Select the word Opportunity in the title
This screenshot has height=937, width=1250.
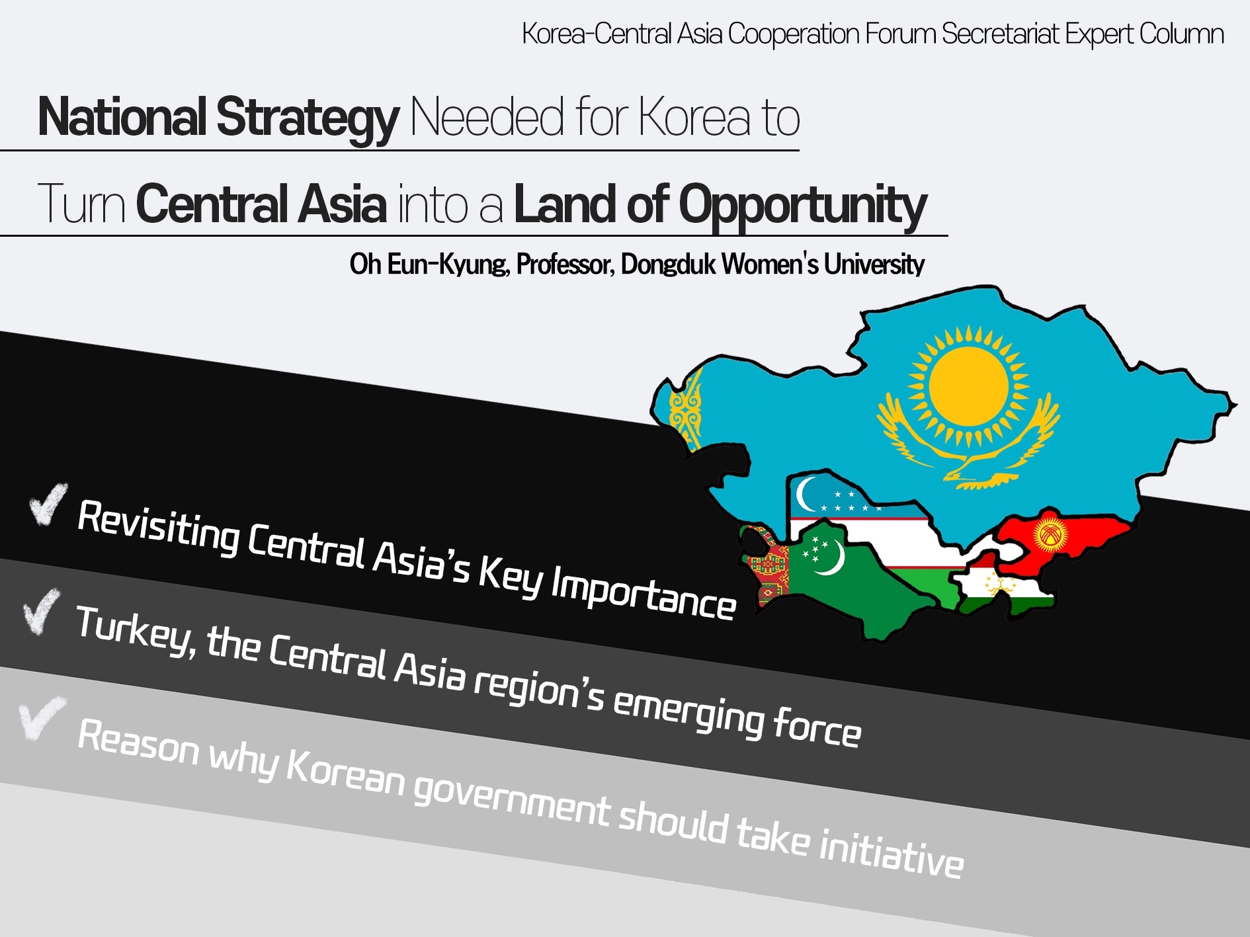pyautogui.click(x=803, y=206)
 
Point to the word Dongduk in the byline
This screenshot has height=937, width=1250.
pyautogui.click(x=668, y=264)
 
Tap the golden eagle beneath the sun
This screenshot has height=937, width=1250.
pyautogui.click(x=969, y=450)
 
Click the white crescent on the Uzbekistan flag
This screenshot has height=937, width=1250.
pyautogui.click(x=807, y=495)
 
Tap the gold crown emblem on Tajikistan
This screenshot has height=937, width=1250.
pyautogui.click(x=999, y=585)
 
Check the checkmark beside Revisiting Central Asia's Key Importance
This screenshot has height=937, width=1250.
pyautogui.click(x=48, y=504)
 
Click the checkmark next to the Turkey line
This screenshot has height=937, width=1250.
pyautogui.click(x=41, y=611)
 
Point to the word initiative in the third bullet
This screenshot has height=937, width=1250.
pyautogui.click(x=891, y=851)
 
